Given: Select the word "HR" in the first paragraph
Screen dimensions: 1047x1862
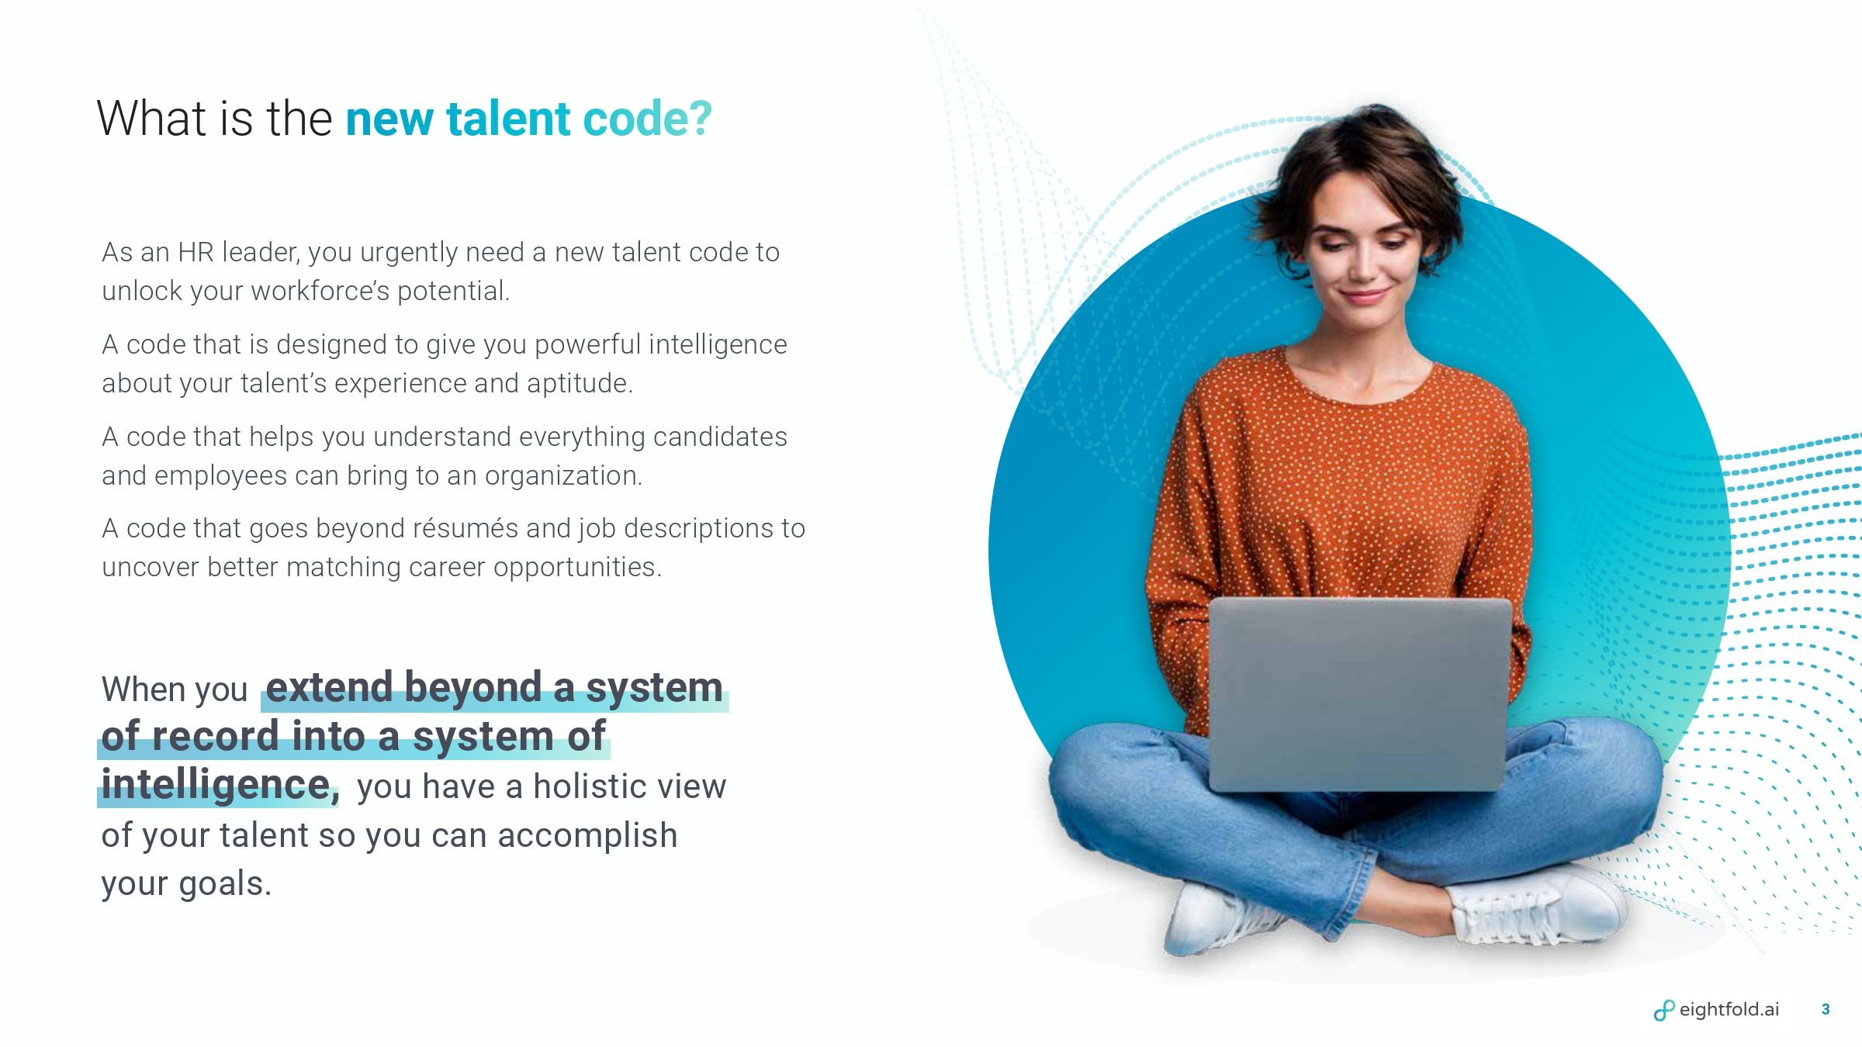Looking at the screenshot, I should click(x=196, y=253).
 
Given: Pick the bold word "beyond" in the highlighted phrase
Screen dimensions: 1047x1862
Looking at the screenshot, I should click(x=472, y=688).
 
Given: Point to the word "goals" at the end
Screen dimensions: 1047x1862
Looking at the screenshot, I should click(x=220, y=885).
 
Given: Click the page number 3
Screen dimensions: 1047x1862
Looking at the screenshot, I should click(x=1826, y=1010).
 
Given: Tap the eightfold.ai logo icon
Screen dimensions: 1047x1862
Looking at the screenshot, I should click(x=1663, y=1011).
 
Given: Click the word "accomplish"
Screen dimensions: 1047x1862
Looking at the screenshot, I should click(x=587, y=836).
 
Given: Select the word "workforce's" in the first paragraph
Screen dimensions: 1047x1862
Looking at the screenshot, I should click(x=320, y=292).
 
